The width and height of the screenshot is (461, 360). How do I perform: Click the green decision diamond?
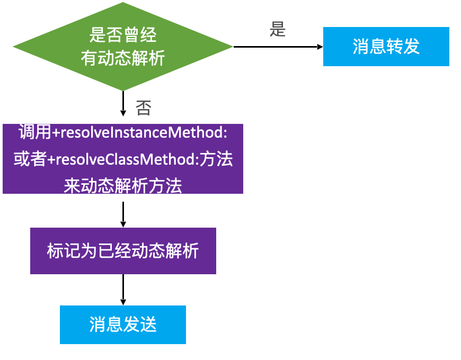pos(123,47)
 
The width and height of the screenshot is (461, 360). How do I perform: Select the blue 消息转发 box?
pos(386,47)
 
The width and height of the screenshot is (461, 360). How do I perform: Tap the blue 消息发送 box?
pos(123,325)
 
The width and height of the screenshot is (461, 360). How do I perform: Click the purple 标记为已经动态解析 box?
pos(123,251)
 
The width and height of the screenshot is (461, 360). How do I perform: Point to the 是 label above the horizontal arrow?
pos(278,29)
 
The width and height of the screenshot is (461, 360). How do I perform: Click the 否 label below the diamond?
pos(144,108)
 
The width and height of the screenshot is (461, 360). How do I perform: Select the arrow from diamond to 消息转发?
pos(278,47)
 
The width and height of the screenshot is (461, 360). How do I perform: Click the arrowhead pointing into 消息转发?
pos(320,47)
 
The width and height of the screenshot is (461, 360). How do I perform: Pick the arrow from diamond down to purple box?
pos(123,104)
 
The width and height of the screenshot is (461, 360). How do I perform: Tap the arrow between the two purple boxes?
pos(123,214)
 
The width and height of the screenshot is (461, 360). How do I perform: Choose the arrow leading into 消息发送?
pos(123,290)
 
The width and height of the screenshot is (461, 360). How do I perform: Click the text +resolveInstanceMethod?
pos(139,132)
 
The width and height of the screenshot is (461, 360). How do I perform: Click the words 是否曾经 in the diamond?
pos(123,34)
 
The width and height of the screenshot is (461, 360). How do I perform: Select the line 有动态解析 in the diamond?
pos(123,58)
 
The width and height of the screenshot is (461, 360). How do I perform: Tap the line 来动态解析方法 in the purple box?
pos(123,186)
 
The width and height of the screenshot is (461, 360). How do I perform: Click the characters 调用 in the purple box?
pos(35,132)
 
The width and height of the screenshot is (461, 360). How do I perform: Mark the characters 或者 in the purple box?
pos(30,159)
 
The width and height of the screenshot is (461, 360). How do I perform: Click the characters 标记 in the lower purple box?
pos(64,251)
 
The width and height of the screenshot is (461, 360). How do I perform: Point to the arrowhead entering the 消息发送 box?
pos(123,302)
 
